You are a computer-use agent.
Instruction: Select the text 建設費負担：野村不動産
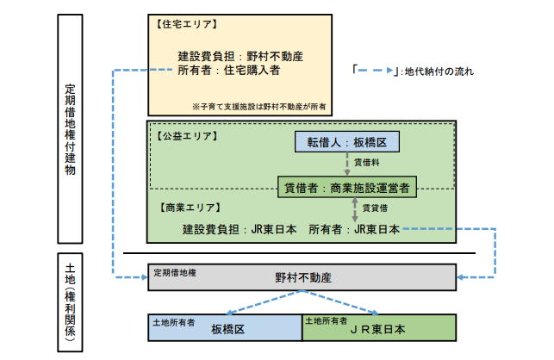[234, 56]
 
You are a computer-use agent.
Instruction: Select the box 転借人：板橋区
[347, 143]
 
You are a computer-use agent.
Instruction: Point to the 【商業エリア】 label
[190, 208]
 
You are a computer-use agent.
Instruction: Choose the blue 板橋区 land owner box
[226, 328]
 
